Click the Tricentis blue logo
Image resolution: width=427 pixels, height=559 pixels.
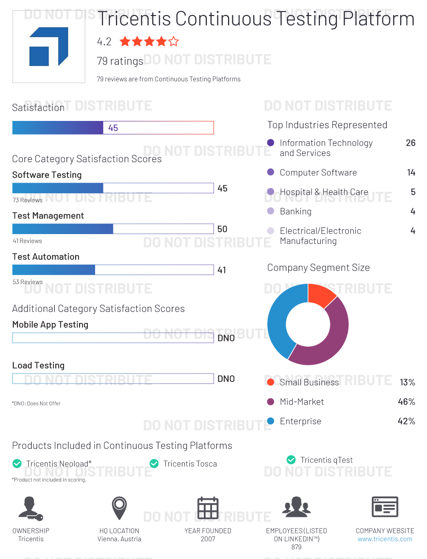(x=49, y=47)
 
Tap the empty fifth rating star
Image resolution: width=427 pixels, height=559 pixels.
(x=173, y=42)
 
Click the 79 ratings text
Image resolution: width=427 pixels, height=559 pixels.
(x=120, y=61)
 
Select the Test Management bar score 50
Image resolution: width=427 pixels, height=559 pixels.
(x=222, y=229)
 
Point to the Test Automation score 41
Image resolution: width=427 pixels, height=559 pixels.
(x=222, y=270)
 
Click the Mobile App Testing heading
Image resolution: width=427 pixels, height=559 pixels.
(x=50, y=324)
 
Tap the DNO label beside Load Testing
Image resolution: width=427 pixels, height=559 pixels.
(x=226, y=379)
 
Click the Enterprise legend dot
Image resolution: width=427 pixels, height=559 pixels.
(x=271, y=421)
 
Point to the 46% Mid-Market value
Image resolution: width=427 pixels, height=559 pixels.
(x=406, y=402)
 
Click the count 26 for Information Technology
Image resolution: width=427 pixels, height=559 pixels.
(x=411, y=143)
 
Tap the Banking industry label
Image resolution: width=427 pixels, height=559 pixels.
(x=296, y=211)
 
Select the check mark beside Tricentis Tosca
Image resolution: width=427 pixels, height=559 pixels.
(x=154, y=464)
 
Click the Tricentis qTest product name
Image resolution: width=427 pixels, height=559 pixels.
(x=327, y=460)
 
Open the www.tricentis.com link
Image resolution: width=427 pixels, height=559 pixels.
(x=385, y=539)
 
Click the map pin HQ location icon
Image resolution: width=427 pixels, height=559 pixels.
(x=119, y=508)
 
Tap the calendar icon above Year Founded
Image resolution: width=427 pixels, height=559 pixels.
(x=208, y=508)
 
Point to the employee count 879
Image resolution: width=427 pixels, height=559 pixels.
(x=296, y=547)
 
